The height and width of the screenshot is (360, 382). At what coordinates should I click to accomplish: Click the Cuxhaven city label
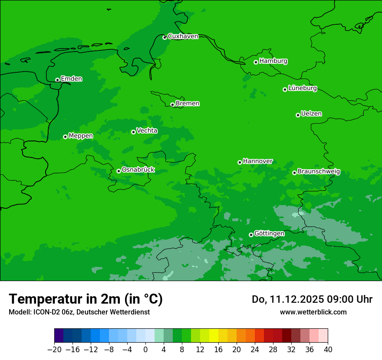[x=183, y=36]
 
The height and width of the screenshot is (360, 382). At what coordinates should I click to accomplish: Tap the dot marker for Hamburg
[x=256, y=62]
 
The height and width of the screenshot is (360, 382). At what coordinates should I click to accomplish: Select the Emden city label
[x=71, y=79]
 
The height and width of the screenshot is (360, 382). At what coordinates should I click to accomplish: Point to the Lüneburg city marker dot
[x=285, y=89]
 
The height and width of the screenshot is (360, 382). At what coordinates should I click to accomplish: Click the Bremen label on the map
[x=188, y=104]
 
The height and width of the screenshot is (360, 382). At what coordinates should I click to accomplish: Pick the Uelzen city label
[x=311, y=114]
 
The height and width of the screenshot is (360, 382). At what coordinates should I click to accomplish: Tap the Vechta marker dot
[x=133, y=132]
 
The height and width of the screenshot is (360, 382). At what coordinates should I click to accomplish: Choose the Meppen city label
[x=81, y=136]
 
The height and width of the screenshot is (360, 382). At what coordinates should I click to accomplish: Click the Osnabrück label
[x=138, y=170]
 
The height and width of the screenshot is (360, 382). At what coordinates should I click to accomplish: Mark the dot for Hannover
[x=240, y=162]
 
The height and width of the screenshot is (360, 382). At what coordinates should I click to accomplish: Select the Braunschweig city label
[x=319, y=172]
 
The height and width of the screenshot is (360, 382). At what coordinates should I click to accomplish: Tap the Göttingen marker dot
[x=251, y=235]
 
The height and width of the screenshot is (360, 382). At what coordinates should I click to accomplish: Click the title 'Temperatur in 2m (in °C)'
[x=86, y=299]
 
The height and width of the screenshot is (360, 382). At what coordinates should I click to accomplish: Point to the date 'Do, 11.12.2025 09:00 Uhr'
[x=312, y=299]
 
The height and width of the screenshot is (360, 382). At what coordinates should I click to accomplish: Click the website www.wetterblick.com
[x=313, y=312]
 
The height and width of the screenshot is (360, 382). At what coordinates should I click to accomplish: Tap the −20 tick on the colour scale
[x=54, y=349]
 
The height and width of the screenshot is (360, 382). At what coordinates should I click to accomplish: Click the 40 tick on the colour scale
[x=328, y=349]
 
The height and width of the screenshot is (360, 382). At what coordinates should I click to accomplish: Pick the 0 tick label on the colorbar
[x=145, y=349]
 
